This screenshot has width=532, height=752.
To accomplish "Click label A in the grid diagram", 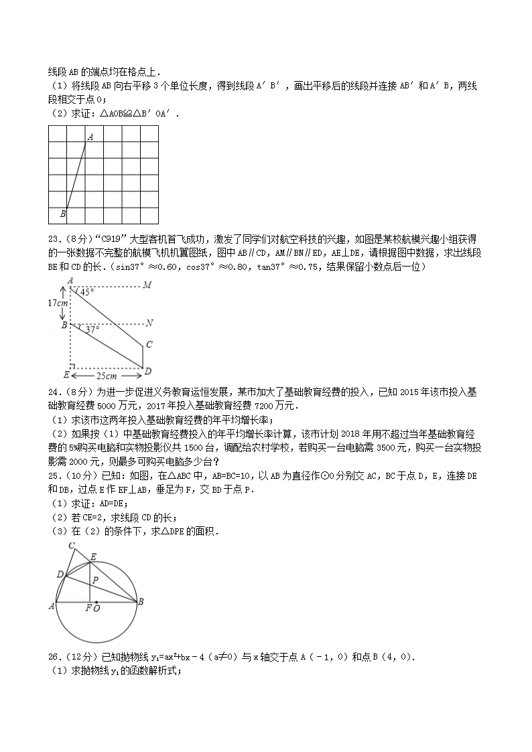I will [x=90, y=136].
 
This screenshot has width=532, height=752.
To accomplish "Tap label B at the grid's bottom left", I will [x=62, y=214].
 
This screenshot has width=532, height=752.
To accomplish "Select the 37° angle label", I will [x=92, y=329].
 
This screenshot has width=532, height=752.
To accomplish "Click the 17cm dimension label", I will [x=58, y=303].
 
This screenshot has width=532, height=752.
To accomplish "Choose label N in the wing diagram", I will [x=149, y=323].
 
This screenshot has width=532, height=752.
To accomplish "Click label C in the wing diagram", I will [x=149, y=345].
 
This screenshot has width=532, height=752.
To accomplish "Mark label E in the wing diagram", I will [x=65, y=374].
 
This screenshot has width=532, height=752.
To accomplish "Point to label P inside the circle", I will [x=95, y=580].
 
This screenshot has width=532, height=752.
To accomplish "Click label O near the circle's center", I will [x=97, y=609].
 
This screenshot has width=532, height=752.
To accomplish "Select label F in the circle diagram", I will [x=88, y=609].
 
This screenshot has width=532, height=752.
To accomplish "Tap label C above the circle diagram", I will [x=72, y=546].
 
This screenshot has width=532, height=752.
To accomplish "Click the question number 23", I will [x=54, y=239].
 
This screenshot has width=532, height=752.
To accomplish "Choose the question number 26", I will [x=54, y=657].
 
